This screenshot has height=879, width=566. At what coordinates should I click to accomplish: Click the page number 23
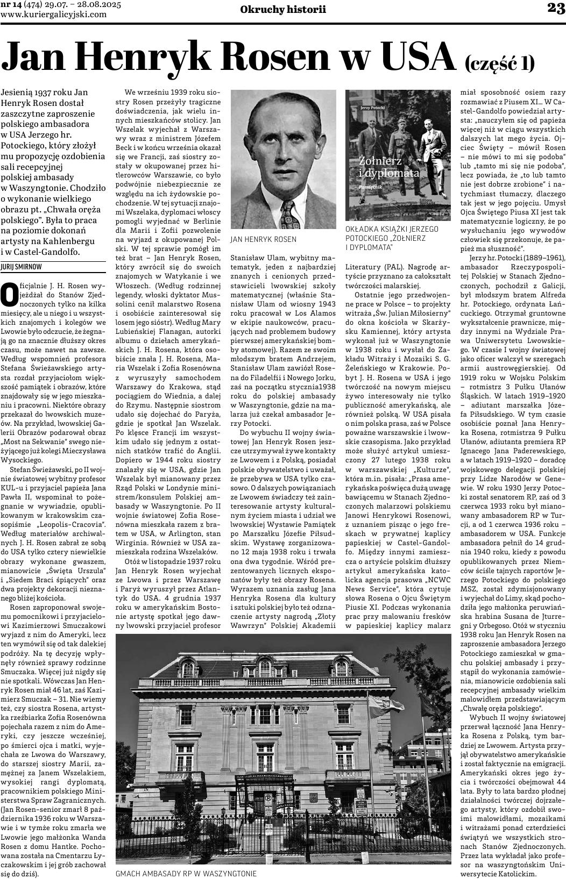click(555, 8)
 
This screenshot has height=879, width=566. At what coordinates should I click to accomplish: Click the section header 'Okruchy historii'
click(283, 9)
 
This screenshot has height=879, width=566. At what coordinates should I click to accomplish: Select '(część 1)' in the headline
click(500, 63)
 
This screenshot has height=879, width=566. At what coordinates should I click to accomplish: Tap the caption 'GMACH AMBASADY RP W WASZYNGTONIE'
click(186, 874)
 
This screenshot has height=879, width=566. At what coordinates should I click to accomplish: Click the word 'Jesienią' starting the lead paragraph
click(17, 92)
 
